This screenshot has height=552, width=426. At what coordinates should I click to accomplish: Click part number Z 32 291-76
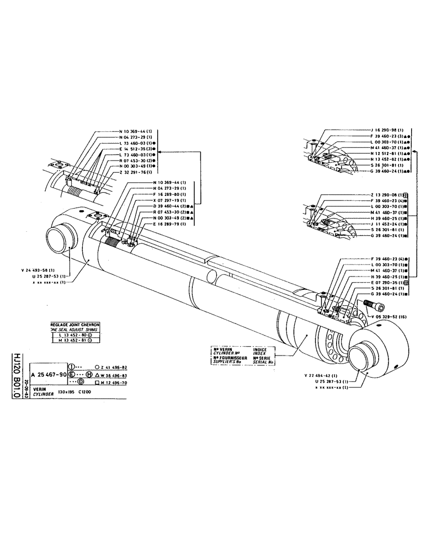(135, 172)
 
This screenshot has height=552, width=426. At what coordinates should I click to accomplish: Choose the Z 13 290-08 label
(385, 194)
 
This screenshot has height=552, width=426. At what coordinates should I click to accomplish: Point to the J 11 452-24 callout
(385, 225)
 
